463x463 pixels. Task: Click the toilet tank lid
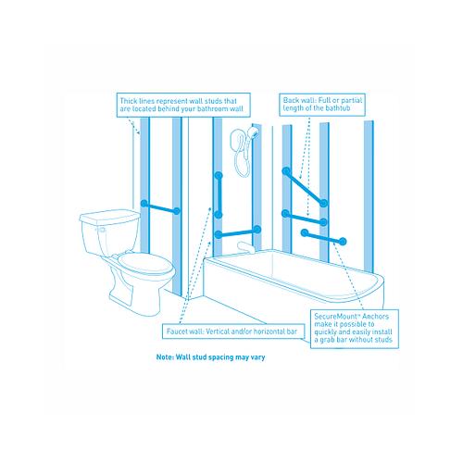(x=109, y=216)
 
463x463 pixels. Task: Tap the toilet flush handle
(x=100, y=230)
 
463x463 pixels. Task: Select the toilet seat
(x=145, y=263)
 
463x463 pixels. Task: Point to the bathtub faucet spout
(x=245, y=246)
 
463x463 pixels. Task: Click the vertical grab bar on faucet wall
(x=219, y=195)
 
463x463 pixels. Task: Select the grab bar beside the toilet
(x=160, y=207)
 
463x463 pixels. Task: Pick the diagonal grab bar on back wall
(x=305, y=187)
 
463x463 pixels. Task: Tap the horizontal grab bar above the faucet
(x=238, y=231)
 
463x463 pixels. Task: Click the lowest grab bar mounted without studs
(x=323, y=237)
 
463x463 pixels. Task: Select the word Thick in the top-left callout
(x=129, y=101)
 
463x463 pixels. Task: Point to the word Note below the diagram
(x=165, y=357)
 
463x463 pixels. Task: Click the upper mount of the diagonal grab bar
(x=286, y=171)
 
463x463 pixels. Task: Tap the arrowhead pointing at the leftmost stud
(x=138, y=132)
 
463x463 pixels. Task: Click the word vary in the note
(x=257, y=357)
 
